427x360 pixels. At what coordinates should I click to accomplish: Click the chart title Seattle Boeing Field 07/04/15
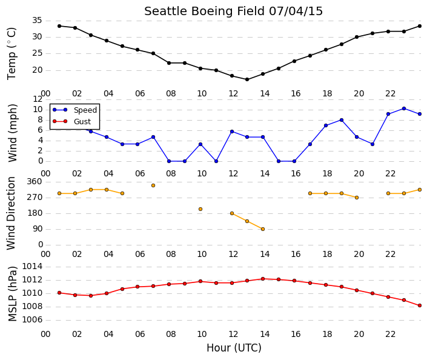point(233,12)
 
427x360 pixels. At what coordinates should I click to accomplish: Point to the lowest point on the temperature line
point(247,79)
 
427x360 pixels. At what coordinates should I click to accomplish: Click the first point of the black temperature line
point(59,26)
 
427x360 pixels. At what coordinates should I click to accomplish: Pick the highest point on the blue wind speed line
point(404,108)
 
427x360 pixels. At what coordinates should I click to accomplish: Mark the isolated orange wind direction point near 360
point(153,185)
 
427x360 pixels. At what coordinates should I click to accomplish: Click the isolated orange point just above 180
point(200,209)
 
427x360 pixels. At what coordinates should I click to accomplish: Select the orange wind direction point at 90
point(263,229)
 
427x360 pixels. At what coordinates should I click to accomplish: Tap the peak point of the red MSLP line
point(263,279)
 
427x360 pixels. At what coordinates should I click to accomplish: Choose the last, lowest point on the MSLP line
point(420,306)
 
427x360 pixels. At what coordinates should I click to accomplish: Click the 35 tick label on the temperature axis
point(37,21)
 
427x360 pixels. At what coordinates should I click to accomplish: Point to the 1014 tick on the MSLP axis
point(32,267)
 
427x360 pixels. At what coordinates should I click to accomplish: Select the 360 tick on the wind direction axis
point(35,182)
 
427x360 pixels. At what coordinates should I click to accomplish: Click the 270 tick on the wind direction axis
point(35,198)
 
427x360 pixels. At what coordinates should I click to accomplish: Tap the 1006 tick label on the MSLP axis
point(32,320)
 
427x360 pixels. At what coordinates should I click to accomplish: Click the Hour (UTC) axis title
point(234,348)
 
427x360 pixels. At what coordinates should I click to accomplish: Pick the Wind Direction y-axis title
point(11,213)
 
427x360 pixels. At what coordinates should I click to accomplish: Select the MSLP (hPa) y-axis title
point(12,294)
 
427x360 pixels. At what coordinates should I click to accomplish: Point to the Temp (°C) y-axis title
point(12,54)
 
